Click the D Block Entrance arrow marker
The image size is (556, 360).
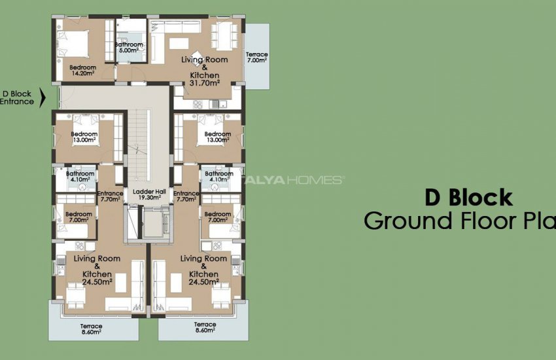pyautogui.click(x=43, y=98)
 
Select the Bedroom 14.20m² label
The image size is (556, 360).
pyautogui.click(x=83, y=71)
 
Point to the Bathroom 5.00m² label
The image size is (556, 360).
pyautogui.click(x=129, y=47)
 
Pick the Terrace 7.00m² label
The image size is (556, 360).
pyautogui.click(x=256, y=58)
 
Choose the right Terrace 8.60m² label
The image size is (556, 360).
pyautogui.click(x=205, y=328)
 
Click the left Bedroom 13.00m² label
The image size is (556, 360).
pyautogui.click(x=84, y=137)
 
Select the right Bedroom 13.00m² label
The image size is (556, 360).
pyautogui.click(x=217, y=137)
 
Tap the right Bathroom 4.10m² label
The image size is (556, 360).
pyautogui.click(x=218, y=176)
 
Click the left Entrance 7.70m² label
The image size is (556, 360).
pyautogui.click(x=109, y=196)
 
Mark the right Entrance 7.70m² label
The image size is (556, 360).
pyautogui.click(x=186, y=196)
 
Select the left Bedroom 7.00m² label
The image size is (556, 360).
pyautogui.click(x=78, y=217)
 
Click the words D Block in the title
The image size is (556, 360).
pyautogui.click(x=468, y=198)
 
